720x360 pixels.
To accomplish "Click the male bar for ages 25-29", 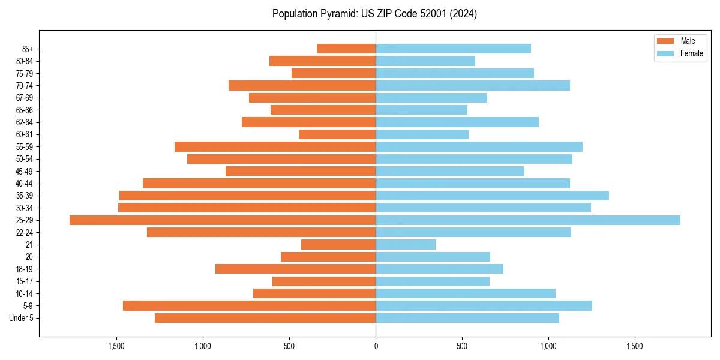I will (223, 220).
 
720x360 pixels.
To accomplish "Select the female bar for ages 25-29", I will (528, 220).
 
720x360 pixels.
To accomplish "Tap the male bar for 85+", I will (346, 49).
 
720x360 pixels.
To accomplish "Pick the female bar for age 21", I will (406, 245).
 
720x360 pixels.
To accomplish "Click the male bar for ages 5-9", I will (249, 306).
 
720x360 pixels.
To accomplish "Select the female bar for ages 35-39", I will (492, 196).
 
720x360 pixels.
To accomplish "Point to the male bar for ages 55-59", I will (275, 147).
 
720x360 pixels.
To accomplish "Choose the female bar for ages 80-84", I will (425, 61).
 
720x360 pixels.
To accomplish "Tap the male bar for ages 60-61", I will (337, 134).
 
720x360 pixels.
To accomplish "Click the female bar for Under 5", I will (467, 318).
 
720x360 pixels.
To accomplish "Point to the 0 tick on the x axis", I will (376, 346).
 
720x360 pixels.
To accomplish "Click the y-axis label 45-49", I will (25, 172).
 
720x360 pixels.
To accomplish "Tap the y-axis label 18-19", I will (25, 269).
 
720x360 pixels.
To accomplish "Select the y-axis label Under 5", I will (22, 318).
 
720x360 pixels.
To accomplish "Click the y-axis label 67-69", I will (25, 98).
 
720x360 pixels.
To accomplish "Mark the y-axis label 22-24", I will (25, 233).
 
